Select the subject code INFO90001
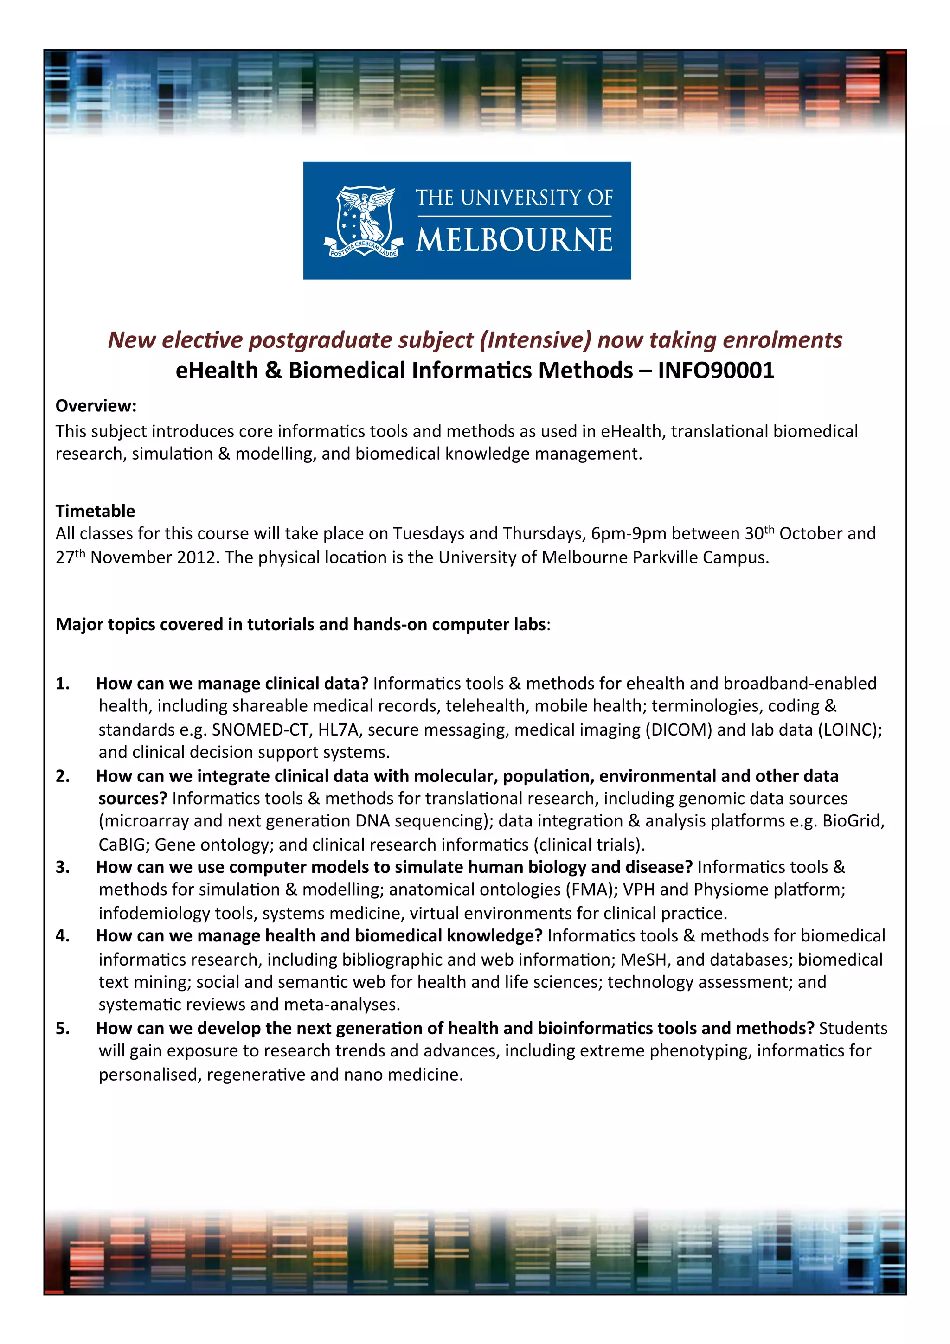point(716,371)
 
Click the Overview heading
point(96,406)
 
